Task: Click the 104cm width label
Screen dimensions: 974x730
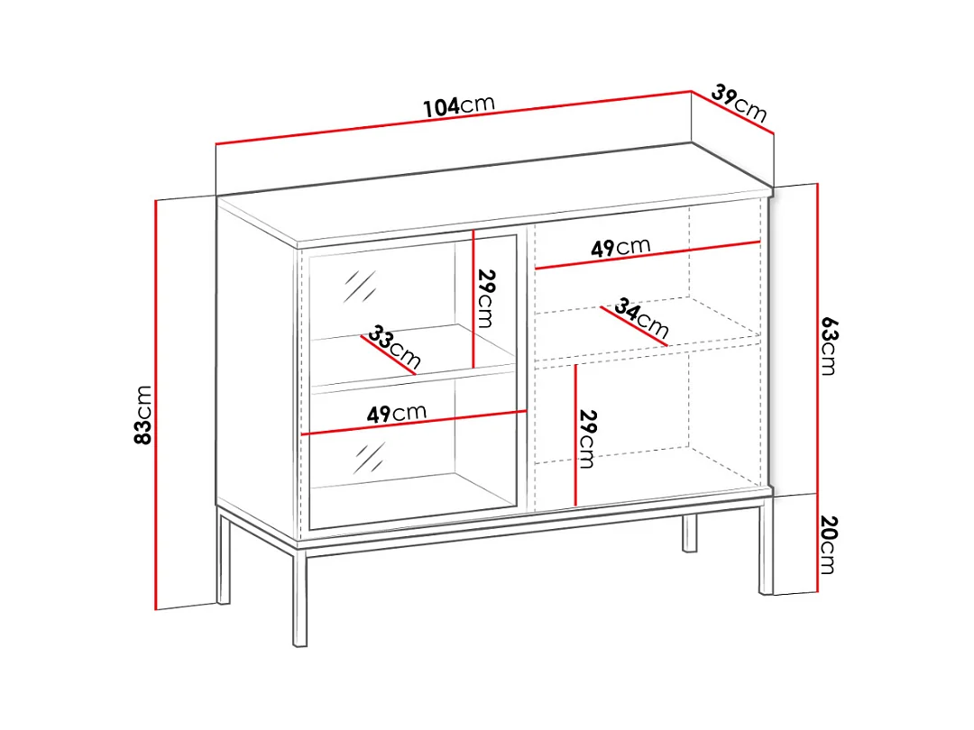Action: [459, 105]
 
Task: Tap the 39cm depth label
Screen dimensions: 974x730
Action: [740, 104]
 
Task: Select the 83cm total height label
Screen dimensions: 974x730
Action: [142, 415]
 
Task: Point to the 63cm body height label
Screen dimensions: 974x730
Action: [830, 346]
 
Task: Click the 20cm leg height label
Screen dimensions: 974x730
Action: [830, 545]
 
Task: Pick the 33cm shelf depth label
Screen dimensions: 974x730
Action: [394, 346]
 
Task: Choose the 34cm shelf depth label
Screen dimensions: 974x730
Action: [642, 317]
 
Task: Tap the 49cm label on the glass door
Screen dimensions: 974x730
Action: [396, 414]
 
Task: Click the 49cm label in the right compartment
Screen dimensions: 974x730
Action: [620, 248]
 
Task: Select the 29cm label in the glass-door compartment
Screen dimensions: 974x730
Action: [486, 298]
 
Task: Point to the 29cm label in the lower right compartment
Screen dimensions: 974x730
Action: [587, 440]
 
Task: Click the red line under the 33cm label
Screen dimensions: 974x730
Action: [388, 356]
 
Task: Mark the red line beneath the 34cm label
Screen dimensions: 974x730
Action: [634, 326]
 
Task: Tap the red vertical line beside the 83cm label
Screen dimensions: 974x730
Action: [156, 405]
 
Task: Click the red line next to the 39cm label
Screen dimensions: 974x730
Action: [732, 113]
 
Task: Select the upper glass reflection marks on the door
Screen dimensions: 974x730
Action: [360, 287]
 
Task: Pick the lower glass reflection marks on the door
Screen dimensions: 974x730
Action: [369, 458]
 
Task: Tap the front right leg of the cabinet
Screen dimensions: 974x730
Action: [766, 545]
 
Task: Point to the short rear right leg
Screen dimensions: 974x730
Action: [690, 534]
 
